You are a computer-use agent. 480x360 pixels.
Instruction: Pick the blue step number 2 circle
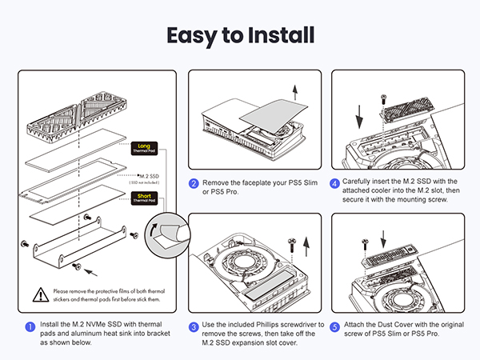click(x=194, y=183)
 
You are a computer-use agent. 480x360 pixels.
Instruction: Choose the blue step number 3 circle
click(x=194, y=326)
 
